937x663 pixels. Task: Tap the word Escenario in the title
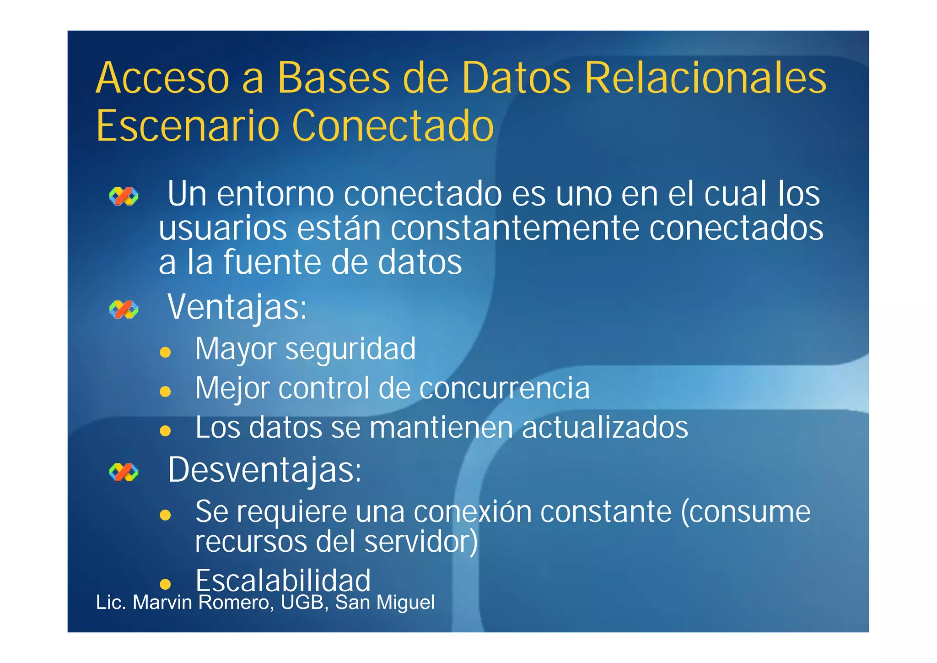(188, 126)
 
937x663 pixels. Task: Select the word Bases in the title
(334, 78)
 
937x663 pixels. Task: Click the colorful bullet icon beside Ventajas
(124, 310)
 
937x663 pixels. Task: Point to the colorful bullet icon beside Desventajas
(124, 472)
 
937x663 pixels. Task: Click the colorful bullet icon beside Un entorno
(124, 196)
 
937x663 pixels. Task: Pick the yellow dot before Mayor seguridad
(165, 352)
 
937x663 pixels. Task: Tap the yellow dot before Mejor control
(165, 391)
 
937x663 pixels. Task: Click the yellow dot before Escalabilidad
(165, 584)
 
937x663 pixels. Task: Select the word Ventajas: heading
(237, 307)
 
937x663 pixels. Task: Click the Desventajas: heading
(264, 470)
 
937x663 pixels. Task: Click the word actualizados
(605, 428)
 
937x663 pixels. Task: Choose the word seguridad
(350, 349)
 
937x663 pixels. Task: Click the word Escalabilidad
(283, 581)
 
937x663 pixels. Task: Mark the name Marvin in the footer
(162, 603)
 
